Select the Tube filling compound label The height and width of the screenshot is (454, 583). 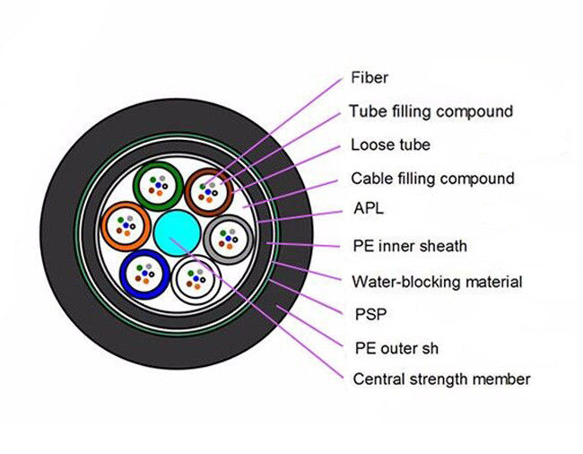tap(431, 112)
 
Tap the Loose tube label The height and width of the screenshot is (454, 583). tap(390, 144)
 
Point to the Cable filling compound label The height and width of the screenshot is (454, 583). tap(432, 178)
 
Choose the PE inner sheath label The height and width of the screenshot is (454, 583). tap(410, 245)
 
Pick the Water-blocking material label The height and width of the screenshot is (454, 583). tap(437, 282)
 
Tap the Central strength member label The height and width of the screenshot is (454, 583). tap(440, 379)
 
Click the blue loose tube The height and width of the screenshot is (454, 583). tap(145, 271)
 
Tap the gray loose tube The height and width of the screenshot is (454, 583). tap(227, 238)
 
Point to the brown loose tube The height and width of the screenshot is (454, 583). tap(210, 189)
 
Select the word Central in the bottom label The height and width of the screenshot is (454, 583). tap(377, 379)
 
